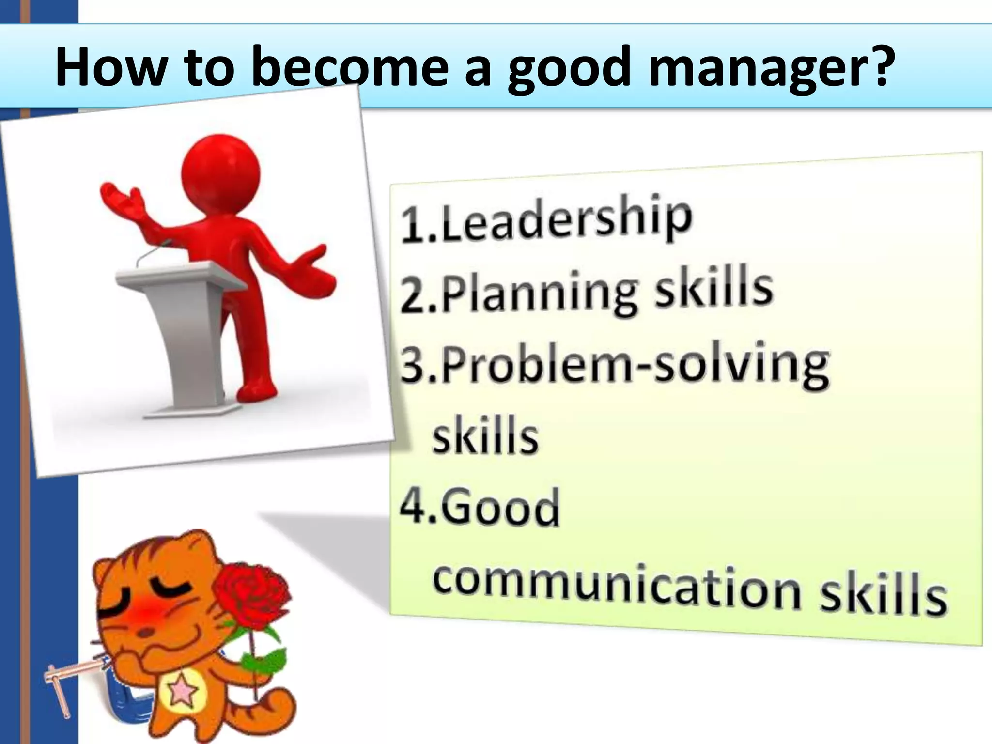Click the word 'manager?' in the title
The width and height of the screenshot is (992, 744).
click(x=770, y=68)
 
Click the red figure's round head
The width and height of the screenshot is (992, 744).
click(x=221, y=172)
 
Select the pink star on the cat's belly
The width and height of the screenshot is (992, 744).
click(x=182, y=694)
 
